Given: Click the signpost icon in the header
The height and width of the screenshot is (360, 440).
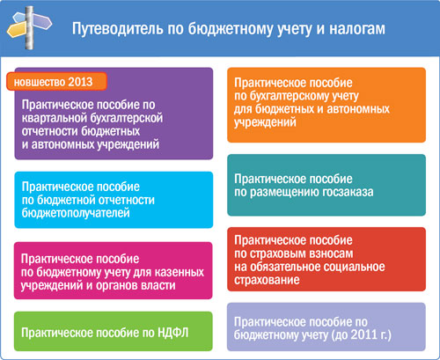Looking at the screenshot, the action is coord(29,28).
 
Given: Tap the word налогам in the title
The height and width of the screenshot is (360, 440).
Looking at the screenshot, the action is coord(357,29).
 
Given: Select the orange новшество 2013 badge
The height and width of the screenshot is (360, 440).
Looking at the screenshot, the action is coord(56,81).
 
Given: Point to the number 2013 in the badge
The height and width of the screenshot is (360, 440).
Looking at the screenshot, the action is coord(80,82).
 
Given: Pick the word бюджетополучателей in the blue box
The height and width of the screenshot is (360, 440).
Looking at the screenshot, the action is coord(76,213).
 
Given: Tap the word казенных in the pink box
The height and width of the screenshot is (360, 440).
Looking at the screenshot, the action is coord(180,272).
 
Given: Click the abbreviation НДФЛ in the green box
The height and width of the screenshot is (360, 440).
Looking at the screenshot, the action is coord(173,333).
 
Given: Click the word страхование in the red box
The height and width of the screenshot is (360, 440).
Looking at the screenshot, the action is coord(267,280).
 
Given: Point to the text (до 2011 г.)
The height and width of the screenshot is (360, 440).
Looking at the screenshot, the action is coord(361,335).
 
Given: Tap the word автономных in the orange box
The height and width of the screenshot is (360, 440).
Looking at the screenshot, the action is coord(358,109).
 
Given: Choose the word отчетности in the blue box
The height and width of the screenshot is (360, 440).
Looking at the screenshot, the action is coord(127,200).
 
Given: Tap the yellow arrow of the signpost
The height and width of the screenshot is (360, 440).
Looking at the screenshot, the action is coord(16,30).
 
